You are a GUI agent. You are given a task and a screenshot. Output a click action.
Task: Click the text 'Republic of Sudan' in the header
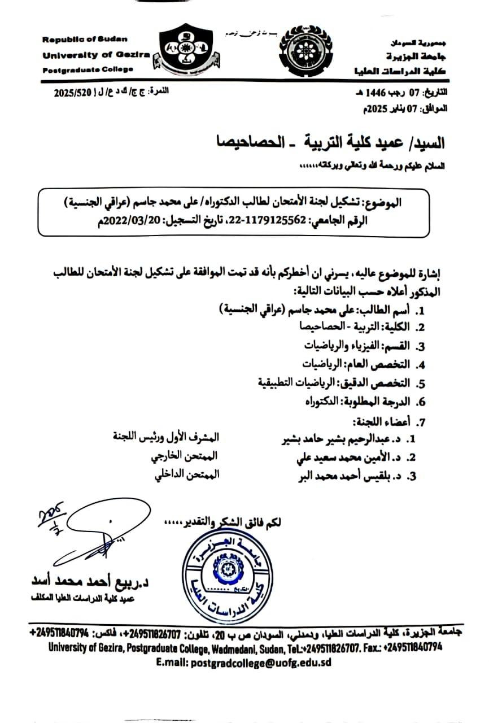pyautogui.click(x=85, y=40)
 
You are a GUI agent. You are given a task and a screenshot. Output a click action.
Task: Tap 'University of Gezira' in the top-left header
pyautogui.click(x=96, y=55)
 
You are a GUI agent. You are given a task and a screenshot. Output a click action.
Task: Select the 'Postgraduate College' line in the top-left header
pyautogui.click(x=88, y=69)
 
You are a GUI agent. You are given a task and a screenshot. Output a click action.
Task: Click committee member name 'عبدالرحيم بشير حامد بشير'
pyautogui.click(x=337, y=438)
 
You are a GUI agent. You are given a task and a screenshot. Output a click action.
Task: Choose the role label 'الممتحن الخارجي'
pyautogui.click(x=187, y=456)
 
